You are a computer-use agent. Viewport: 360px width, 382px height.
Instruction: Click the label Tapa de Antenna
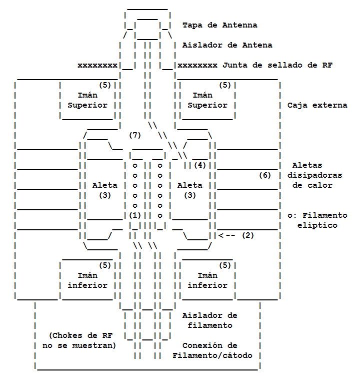[x=219, y=25]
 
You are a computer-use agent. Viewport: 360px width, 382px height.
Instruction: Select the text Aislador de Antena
[x=227, y=45]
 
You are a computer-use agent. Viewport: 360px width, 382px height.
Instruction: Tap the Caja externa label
[x=317, y=105]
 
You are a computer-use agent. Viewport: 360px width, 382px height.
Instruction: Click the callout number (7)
[x=135, y=135]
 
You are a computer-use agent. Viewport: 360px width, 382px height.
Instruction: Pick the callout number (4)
[x=200, y=165]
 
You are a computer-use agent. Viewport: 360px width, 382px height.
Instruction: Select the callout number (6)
[x=265, y=175]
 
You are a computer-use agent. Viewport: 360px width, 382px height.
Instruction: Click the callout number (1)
[x=135, y=215]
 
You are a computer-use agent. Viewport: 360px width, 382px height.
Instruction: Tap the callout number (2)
[x=247, y=235]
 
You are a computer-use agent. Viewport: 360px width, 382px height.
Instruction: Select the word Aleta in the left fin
[x=105, y=185]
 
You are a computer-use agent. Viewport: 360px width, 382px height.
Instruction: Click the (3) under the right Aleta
[x=190, y=195]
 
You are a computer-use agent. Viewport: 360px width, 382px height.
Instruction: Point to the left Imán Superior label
[x=87, y=100]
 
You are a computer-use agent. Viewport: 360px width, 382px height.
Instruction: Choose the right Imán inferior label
[x=207, y=280]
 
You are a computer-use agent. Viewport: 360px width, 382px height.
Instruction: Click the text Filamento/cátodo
[x=212, y=355]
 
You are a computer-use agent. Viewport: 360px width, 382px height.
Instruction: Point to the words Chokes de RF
[x=79, y=335]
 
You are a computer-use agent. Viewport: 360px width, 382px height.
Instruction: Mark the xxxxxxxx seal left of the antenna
[x=97, y=65]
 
